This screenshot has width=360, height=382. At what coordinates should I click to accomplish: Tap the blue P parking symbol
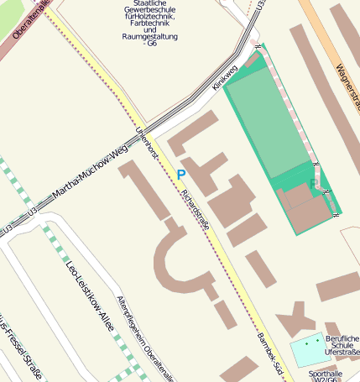pos(181,175)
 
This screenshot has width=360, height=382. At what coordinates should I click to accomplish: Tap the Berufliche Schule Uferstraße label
pos(341,337)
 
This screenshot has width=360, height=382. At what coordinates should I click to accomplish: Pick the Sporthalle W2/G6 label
pos(326,375)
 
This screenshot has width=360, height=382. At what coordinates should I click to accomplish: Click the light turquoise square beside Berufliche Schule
pos(305,349)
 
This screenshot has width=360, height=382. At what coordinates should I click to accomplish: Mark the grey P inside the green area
pos(314,183)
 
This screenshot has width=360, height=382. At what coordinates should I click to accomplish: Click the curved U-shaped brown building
pos(180,260)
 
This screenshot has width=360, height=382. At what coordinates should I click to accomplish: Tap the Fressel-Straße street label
pos(22,350)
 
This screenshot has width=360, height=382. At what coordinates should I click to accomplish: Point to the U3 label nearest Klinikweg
pos(261,7)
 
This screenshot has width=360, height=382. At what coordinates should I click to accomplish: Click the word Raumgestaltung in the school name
pos(151,37)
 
